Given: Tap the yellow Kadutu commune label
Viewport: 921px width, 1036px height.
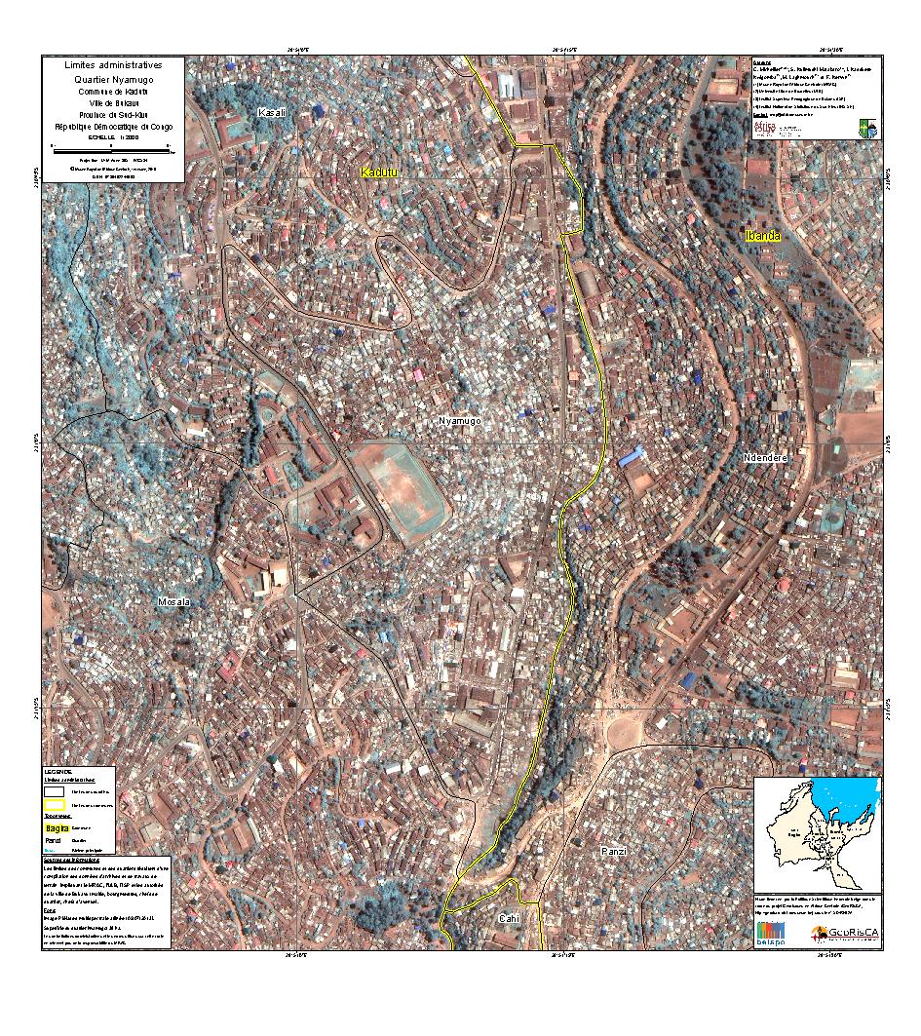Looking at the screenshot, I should [x=381, y=173].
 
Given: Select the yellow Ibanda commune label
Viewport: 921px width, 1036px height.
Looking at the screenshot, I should [x=762, y=236].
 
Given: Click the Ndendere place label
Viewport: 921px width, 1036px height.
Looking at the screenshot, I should [x=764, y=457].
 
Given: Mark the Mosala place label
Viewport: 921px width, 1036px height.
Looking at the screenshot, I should [x=173, y=602].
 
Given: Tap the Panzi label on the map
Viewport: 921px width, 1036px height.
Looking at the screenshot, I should [x=613, y=851].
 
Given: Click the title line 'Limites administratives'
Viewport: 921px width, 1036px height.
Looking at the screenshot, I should [x=114, y=64].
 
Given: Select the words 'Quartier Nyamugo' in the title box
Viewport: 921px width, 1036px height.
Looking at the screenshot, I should [x=114, y=78].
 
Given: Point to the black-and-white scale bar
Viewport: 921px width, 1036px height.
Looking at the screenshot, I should [x=112, y=150].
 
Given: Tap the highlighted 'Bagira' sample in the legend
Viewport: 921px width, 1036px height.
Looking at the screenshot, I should [x=57, y=826].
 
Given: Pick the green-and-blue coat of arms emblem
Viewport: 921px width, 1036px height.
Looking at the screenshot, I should [x=866, y=128].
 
